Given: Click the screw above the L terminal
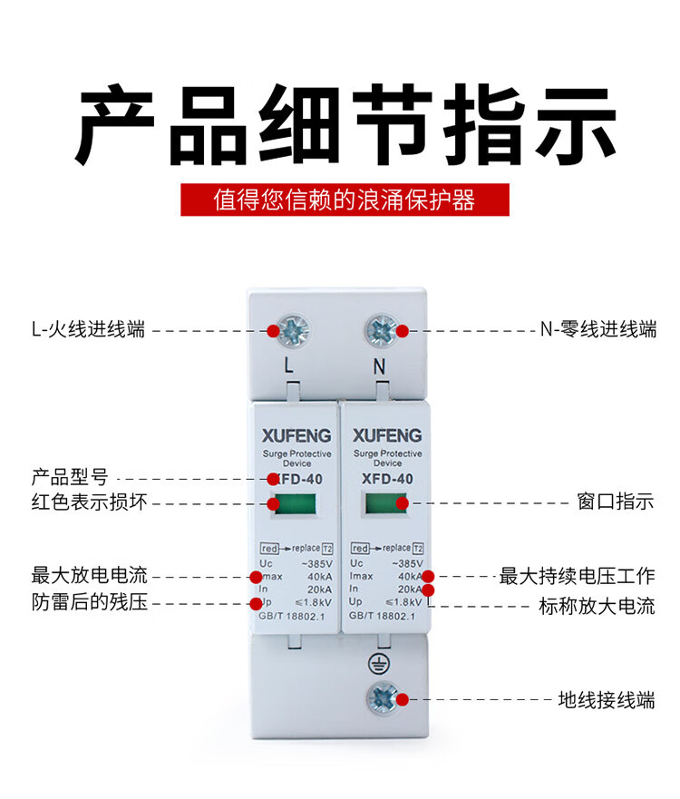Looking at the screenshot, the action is [x=292, y=330].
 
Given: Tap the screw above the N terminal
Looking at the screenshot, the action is [x=383, y=330].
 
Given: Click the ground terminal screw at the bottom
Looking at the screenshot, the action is [x=383, y=698].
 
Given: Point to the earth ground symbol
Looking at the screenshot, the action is [x=378, y=664].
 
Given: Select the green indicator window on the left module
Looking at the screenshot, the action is [x=296, y=503].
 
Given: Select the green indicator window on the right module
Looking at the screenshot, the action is [x=386, y=503].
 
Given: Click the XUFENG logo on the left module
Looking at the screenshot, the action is [x=296, y=435].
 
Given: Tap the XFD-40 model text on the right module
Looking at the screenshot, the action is [x=387, y=479].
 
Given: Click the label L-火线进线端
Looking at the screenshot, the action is [x=88, y=329].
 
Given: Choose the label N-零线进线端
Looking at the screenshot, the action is [x=598, y=329].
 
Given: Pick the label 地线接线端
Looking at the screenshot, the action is [x=607, y=699].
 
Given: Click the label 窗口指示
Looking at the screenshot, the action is [x=616, y=502].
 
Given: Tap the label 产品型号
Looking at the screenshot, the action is [x=70, y=477].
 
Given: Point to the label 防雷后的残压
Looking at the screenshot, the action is [x=89, y=602].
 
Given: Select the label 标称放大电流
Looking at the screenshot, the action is [x=597, y=606].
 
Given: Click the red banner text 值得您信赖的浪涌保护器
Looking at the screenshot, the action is [x=345, y=200].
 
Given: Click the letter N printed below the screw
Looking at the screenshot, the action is [x=379, y=366].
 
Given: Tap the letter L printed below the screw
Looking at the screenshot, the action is [x=289, y=365].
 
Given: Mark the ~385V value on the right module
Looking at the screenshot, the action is [x=407, y=563].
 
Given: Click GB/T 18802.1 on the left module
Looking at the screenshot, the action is [x=291, y=616].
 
